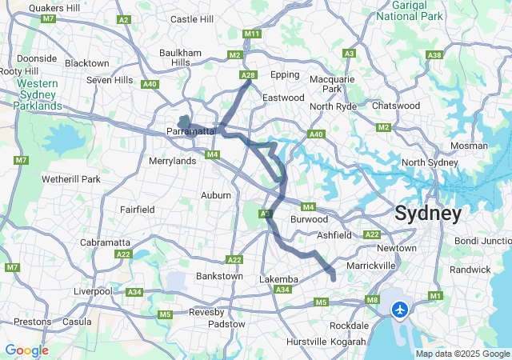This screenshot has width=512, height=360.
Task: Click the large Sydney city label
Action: coord(427,214)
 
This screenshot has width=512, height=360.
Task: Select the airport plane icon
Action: coord(400,309)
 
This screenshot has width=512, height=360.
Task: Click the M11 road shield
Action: coord(252,34)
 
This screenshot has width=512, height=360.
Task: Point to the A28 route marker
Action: coord(249,75)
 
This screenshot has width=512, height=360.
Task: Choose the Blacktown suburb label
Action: coord(86,63)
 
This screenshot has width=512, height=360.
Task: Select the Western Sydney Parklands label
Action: coord(38,94)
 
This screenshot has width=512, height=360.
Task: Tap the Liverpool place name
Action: coord(93,291)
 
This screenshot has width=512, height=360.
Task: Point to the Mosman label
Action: coord(469,146)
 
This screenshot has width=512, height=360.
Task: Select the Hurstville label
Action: coord(306,342)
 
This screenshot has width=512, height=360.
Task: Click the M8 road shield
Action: coord(373,299)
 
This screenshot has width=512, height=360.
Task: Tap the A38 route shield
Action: coord(434,55)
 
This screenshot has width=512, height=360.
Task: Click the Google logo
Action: coord(26,350)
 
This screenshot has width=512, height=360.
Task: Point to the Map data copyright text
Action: coord(462,354)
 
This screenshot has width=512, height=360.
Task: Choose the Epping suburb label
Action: coord(284,75)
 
